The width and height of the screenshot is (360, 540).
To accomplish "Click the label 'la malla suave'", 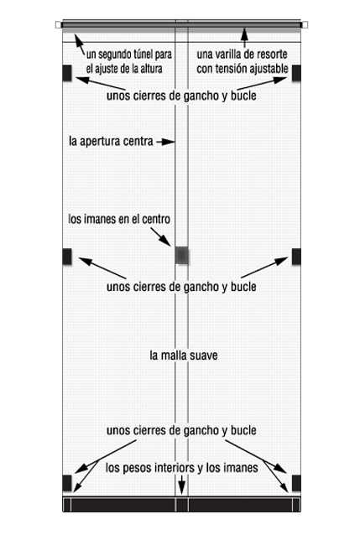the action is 184,356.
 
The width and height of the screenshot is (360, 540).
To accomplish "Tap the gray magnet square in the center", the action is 182,255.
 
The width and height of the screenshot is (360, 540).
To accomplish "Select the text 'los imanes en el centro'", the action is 119,219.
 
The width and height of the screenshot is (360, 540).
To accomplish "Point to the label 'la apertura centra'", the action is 111,141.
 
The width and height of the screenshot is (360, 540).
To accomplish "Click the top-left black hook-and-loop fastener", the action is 67,73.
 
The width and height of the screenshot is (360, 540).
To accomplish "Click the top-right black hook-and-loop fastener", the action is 296,73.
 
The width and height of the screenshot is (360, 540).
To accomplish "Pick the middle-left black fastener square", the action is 67,257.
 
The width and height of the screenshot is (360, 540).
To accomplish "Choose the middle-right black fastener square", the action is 296,257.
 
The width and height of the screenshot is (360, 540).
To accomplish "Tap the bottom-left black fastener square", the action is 67,483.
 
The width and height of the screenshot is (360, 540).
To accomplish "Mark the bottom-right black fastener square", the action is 296,483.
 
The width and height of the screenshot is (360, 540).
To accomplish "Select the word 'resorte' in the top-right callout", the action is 272,54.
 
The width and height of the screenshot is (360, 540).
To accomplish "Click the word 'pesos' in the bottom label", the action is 138,468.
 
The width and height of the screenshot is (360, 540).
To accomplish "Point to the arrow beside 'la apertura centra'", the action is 165,142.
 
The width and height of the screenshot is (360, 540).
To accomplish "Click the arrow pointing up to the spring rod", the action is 244,38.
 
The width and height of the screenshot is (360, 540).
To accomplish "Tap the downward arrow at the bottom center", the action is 181,485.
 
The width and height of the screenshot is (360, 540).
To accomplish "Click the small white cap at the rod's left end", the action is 58,24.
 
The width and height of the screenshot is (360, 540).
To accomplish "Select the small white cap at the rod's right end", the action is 305,24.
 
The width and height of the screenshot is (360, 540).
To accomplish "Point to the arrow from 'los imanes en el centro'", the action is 160,237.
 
